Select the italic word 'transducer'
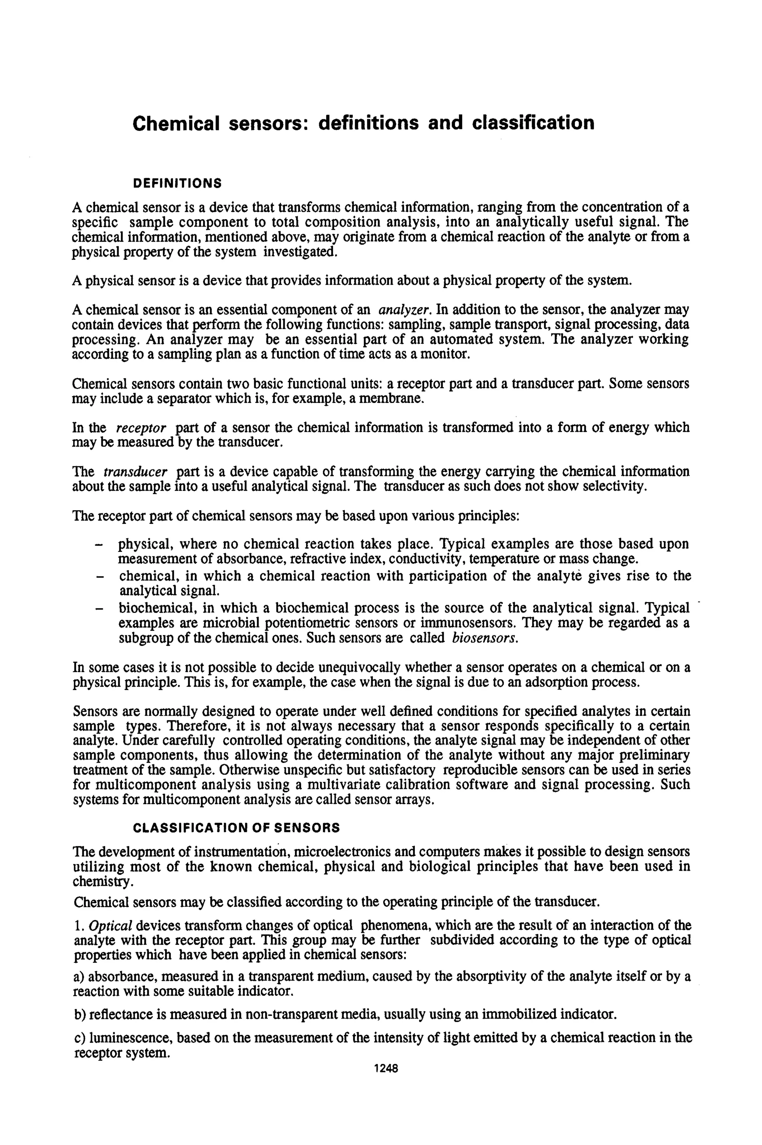[135, 471]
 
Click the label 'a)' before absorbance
[79, 976]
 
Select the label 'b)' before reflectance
[80, 1014]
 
